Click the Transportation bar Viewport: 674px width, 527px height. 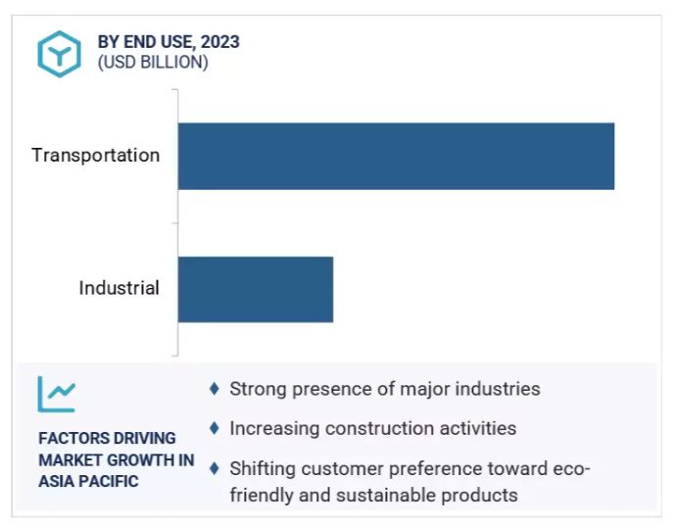click(x=396, y=156)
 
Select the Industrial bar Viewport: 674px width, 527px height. click(x=256, y=289)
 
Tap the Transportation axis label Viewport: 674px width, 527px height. click(x=96, y=155)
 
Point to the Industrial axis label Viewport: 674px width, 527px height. click(x=120, y=288)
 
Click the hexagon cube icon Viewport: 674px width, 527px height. click(x=60, y=54)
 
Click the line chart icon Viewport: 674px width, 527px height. click(x=56, y=394)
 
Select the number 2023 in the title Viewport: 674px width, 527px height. click(x=220, y=42)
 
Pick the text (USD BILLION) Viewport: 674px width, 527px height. click(x=153, y=63)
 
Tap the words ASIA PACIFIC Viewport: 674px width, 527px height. click(x=88, y=481)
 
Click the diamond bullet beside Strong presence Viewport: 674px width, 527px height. click(x=215, y=389)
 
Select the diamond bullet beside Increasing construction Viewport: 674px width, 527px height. click(x=215, y=428)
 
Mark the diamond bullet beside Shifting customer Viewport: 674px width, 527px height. click(x=215, y=468)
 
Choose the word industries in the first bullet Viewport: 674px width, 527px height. click(x=498, y=389)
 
